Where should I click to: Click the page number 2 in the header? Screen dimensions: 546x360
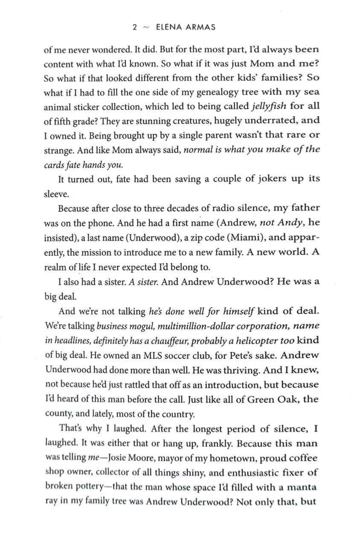click(134, 27)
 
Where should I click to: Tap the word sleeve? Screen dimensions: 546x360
click(56, 194)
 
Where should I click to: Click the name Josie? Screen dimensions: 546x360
click(122, 458)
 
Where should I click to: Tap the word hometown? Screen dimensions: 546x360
click(212, 458)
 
